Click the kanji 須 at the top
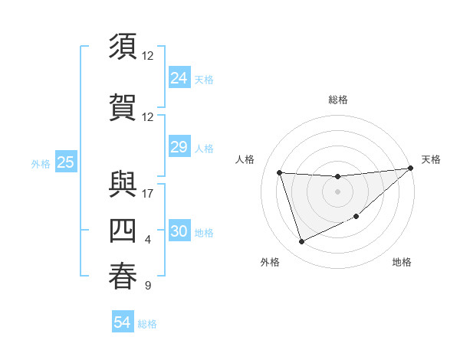coord(123,47)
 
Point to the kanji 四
coord(123,231)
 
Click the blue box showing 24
coord(179,78)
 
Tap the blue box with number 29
coord(179,148)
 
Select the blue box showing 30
coord(179,232)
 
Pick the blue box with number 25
coord(66,162)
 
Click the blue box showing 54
coord(123,323)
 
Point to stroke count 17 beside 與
coord(148,193)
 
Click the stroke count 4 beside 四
coord(148,241)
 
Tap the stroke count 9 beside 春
coord(148,286)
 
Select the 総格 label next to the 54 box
coord(147,324)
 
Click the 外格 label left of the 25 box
coord(41,163)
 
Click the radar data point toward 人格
coord(280,172)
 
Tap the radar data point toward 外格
coord(301,242)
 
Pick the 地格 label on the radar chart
coord(402,262)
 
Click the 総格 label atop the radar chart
coord(337,100)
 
